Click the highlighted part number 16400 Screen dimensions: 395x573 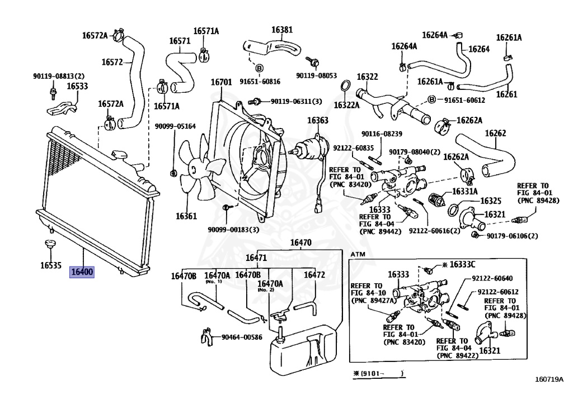pos(82,273)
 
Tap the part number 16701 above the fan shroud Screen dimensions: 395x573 pos(221,83)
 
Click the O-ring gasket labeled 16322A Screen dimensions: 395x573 pos(346,87)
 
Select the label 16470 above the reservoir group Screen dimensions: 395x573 pos(300,243)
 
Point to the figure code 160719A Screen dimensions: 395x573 pos(548,382)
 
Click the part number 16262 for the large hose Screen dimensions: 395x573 pos(495,133)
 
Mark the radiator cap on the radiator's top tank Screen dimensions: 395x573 pos(118,154)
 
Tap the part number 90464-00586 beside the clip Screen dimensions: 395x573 pos(242,337)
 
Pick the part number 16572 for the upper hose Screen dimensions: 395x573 pos(112,62)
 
